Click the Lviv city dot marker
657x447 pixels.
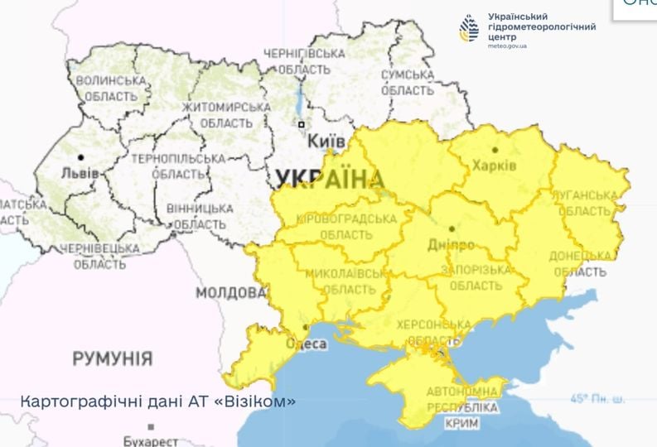pos(80,157)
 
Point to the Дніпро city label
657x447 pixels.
pos(453,245)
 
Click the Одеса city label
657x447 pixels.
pos(306,344)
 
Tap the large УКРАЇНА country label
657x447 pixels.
pos(331,179)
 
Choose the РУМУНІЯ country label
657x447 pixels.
pos(113,358)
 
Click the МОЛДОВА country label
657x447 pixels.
pos(231,293)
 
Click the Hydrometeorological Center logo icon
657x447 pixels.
pos(469,30)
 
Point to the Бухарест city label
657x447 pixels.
pos(150,440)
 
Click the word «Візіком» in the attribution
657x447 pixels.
pos(254,401)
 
